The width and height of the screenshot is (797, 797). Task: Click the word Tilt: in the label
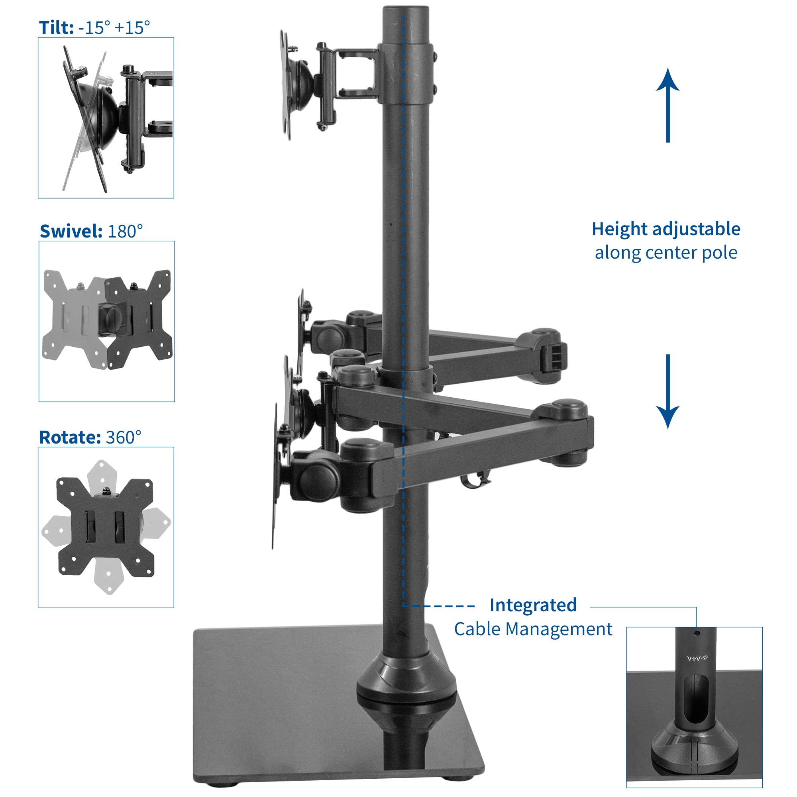point(56,27)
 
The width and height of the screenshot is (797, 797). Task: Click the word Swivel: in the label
point(71,231)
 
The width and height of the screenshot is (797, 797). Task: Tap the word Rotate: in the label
point(69,437)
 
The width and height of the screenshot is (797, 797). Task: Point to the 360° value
point(124,437)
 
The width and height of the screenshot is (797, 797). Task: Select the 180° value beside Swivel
point(126,231)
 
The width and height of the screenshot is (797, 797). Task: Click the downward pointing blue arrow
point(667,391)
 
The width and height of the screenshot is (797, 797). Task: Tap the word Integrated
point(533,605)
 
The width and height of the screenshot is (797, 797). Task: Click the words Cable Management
point(533,629)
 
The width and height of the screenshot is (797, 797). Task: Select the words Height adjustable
point(666,229)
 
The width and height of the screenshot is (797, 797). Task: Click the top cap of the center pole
point(406,10)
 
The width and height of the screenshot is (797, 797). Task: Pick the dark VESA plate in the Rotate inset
point(106,527)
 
